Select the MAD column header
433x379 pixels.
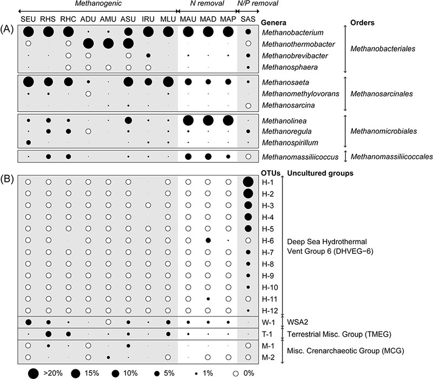click(x=208, y=20)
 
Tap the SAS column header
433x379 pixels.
click(x=248, y=20)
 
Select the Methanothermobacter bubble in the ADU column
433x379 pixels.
click(x=88, y=43)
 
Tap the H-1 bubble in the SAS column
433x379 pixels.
click(x=248, y=182)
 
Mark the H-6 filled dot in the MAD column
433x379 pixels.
click(x=208, y=240)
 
